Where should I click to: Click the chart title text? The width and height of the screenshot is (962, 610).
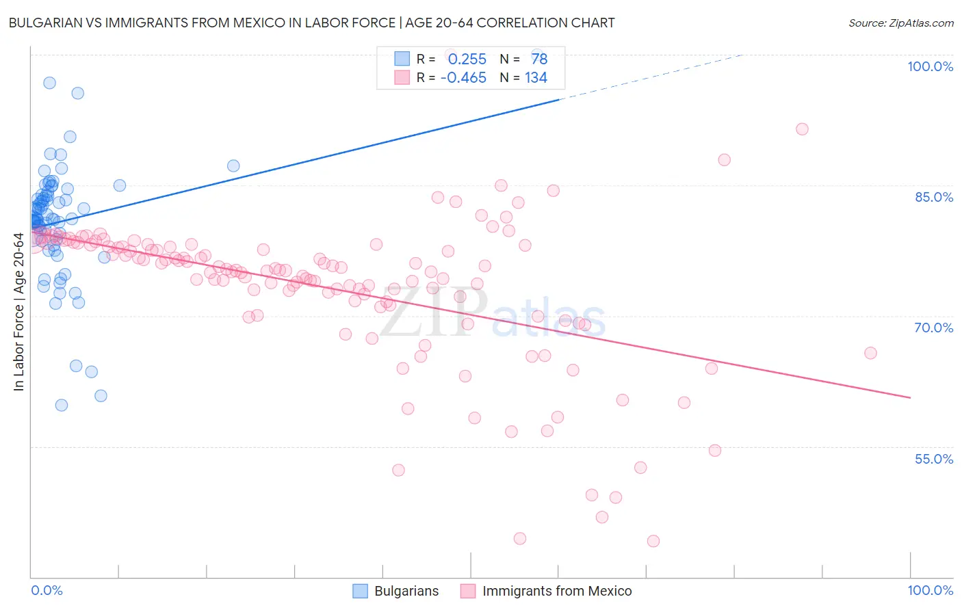[311, 23]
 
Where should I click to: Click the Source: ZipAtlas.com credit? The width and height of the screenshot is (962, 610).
[900, 23]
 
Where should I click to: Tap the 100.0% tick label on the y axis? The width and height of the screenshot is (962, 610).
[930, 66]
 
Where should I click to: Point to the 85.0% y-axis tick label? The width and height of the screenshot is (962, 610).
[934, 197]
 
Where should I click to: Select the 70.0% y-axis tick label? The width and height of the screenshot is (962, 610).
[934, 328]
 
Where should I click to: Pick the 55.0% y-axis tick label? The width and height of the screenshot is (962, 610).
[934, 459]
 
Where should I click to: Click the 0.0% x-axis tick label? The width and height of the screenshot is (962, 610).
[47, 590]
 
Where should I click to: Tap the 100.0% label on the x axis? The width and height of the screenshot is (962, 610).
[930, 590]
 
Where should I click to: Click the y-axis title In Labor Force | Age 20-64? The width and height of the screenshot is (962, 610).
[18, 312]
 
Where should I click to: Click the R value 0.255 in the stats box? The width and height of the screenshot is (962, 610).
[467, 59]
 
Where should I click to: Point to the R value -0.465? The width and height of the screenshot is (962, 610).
[463, 78]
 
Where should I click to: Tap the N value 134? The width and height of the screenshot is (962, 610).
[536, 78]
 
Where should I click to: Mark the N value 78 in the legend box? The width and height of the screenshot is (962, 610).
[539, 59]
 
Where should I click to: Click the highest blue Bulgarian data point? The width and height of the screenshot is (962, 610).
[49, 83]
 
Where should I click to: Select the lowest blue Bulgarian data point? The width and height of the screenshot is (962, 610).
[62, 405]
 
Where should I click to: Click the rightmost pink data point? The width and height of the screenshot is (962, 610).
[870, 353]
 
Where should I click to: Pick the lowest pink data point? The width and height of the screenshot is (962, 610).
[653, 541]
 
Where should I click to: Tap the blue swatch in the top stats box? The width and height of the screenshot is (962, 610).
[402, 59]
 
